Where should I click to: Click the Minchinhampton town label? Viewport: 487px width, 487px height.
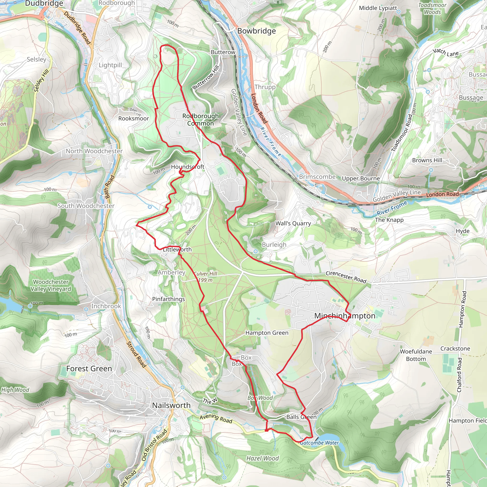click(345, 316)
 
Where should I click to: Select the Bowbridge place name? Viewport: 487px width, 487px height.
click(256, 31)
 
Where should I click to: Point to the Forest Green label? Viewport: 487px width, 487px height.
click(89, 368)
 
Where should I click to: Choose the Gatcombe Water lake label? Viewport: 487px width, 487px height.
click(319, 443)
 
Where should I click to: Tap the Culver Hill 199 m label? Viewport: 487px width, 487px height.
click(205, 277)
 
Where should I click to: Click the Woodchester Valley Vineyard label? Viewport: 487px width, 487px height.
click(51, 285)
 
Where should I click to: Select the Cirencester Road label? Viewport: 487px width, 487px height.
click(346, 277)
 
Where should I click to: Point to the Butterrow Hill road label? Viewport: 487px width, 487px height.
click(206, 77)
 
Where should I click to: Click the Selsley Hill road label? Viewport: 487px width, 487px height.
click(41, 81)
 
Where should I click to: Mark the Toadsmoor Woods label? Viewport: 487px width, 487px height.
click(432, 9)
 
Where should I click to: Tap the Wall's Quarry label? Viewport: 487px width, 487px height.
click(293, 223)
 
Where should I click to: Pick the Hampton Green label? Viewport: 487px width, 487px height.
click(267, 333)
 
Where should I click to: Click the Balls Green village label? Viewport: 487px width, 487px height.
click(301, 417)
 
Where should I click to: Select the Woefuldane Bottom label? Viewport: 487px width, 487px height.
click(416, 355)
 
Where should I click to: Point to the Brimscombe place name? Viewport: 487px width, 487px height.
click(317, 177)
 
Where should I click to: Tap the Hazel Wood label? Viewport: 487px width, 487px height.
click(263, 458)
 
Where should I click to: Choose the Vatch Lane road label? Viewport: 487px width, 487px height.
click(445, 52)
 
